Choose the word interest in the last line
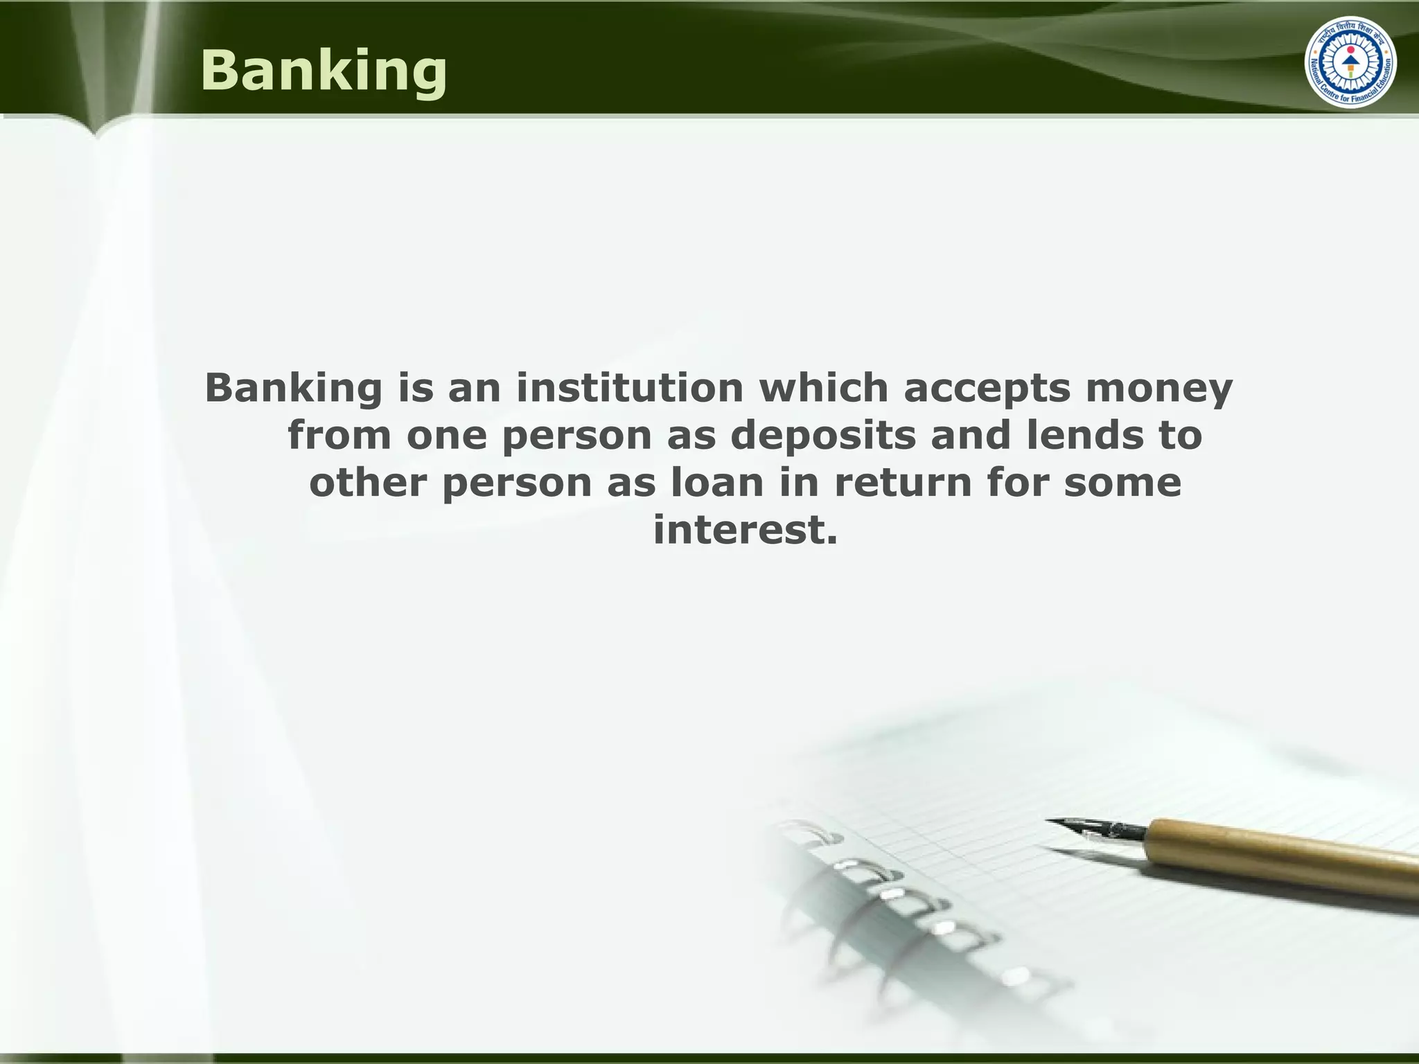pos(745,530)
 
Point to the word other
pos(367,482)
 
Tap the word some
pos(1122,484)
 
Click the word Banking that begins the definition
pos(293,389)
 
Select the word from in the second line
pos(340,436)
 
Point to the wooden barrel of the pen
pos(1282,852)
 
